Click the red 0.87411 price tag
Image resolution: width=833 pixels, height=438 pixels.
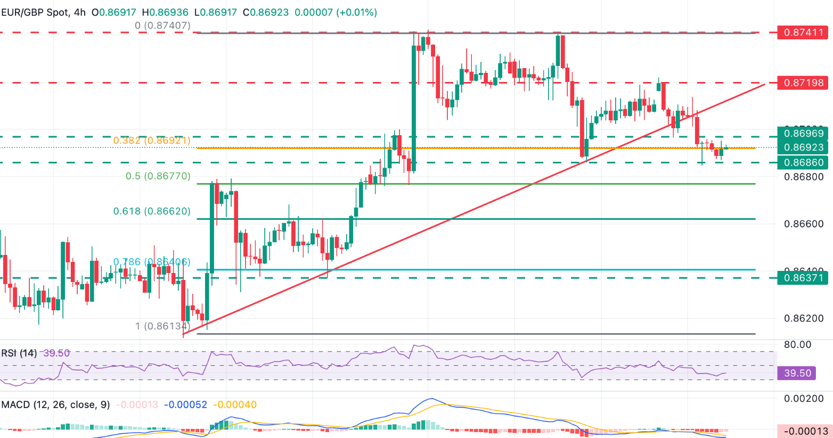coord(804,32)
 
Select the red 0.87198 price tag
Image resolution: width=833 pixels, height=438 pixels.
coord(804,82)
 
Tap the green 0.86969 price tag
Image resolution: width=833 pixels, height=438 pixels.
coord(804,134)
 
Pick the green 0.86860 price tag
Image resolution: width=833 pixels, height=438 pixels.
coord(804,162)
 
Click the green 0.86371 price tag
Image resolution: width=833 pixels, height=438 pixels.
coord(804,277)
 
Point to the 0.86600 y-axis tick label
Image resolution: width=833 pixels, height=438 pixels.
coord(804,224)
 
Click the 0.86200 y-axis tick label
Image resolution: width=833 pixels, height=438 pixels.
coord(804,318)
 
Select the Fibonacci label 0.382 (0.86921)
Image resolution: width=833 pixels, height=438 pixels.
coord(152,141)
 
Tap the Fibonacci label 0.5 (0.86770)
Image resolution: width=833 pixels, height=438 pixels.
coord(158,176)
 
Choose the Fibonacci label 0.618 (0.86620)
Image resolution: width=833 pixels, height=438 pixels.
coord(152,211)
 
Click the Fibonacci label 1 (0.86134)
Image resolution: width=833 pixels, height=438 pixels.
coord(162,326)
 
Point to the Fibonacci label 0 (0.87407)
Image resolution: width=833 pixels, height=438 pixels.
coord(162,26)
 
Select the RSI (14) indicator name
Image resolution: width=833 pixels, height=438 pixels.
coord(19,353)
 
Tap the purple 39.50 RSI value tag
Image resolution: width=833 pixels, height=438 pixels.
coord(797,373)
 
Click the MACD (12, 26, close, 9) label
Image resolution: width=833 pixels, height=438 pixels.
coord(56,404)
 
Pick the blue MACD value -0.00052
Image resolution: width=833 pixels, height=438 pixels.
coord(185,404)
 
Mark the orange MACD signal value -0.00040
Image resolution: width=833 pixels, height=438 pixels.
coord(235,404)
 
